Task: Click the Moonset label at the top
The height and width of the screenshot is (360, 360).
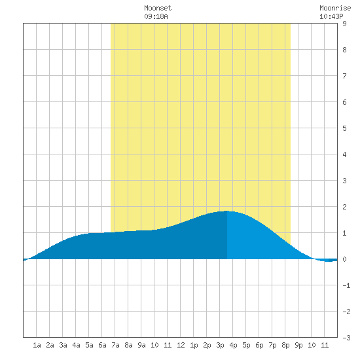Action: (158, 8)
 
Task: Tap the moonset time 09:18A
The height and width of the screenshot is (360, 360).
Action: (156, 16)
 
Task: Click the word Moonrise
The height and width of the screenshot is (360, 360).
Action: (335, 8)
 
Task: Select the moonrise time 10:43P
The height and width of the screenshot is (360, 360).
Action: (331, 16)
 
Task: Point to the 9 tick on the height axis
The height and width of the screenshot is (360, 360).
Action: (344, 24)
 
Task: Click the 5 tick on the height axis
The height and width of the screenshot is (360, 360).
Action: (344, 128)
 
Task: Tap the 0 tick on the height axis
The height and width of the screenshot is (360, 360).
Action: (344, 259)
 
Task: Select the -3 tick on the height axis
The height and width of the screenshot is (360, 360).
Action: (346, 338)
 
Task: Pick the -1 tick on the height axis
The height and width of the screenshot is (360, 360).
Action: (346, 285)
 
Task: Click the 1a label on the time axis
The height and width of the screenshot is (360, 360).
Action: (37, 345)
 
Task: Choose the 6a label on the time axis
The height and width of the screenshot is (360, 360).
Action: (102, 345)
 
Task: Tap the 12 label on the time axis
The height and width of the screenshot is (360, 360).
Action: (181, 345)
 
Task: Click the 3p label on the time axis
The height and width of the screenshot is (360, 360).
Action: (220, 345)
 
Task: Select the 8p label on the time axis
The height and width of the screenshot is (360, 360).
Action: (285, 345)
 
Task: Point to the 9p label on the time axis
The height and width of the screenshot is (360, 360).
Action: (298, 345)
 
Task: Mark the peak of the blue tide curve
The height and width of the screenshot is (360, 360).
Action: (226, 211)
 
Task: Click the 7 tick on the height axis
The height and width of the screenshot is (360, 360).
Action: (344, 76)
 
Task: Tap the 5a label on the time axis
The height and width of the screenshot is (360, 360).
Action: (89, 345)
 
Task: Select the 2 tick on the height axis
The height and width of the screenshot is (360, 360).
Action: (344, 207)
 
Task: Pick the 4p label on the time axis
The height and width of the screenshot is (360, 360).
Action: (233, 345)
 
